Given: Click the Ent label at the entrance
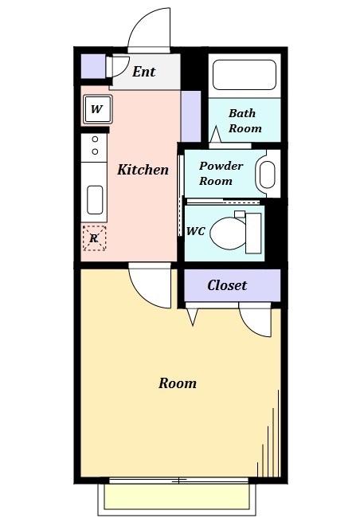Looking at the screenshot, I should pos(143,72).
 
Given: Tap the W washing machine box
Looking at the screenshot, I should pos(96,109).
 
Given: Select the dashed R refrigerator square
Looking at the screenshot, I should pos(94,237).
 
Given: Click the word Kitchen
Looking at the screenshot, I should pos(143,170).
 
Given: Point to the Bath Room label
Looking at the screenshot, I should pos(245,120).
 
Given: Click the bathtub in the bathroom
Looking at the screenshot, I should pos(245,76).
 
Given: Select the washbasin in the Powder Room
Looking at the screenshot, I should pos(267,174).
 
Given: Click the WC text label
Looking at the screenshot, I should pos(196,231).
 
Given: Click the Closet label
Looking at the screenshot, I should pos(227,285).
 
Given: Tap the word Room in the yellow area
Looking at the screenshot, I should pos(177,383).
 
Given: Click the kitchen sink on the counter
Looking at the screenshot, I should pos(95,200).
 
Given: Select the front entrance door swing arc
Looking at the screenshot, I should pos(150,30).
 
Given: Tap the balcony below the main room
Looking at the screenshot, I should pos(178,498).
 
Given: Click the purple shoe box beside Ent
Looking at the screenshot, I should pos(93,65).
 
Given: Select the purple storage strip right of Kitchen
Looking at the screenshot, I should pos(190,116).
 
